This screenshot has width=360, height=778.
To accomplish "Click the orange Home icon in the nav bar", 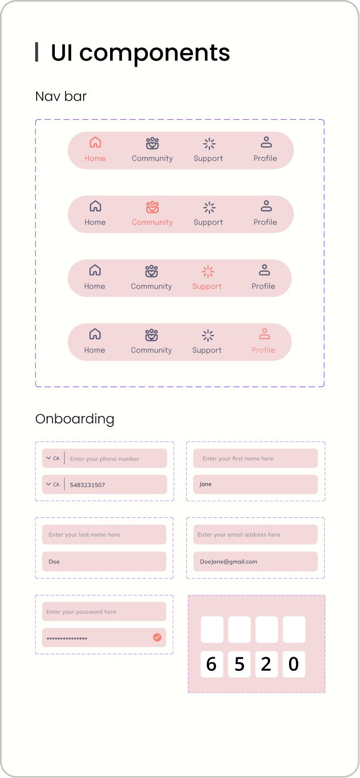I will coord(95,142).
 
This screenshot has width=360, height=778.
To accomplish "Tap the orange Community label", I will coord(152,222).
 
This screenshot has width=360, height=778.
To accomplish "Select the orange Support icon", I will coord(208,271).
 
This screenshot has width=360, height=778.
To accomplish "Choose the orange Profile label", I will coord(263,350).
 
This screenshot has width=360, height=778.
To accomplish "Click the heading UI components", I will coord(140,52).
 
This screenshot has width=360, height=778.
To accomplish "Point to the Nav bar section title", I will coord(61,96).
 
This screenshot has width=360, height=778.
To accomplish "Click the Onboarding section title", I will coord(75,419).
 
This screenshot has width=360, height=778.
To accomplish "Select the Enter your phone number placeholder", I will coord(105,459).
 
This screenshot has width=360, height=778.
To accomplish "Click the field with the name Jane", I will coord(255,484).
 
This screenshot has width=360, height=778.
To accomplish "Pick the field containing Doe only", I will coord(104,561).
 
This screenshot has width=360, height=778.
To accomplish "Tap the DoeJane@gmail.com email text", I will coord(228,561).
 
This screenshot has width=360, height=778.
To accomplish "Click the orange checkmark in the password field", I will coord(157,637).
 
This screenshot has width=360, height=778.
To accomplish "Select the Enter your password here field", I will coord(104,612).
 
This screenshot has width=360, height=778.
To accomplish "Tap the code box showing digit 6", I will coord(212,664).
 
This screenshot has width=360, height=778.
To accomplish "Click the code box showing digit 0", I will coord(294,664).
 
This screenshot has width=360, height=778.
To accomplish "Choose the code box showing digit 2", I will coord(267,664).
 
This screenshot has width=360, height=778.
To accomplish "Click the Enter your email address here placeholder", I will coord(239,534).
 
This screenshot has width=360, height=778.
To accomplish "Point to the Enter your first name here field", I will coord(255,459).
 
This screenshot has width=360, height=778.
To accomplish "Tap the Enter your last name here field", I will coord(104,534).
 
